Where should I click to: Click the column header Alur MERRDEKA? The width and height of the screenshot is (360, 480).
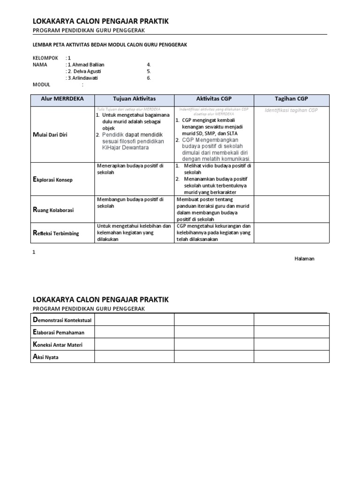pyautogui.click(x=62, y=99)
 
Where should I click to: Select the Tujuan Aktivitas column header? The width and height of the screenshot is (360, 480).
pyautogui.click(x=134, y=99)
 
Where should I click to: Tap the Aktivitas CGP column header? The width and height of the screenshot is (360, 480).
pyautogui.click(x=214, y=99)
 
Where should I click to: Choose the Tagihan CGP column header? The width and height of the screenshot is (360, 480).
pyautogui.click(x=291, y=99)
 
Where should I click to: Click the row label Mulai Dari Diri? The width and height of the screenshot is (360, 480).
pyautogui.click(x=50, y=135)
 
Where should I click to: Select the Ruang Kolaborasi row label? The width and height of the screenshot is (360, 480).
pyautogui.click(x=53, y=210)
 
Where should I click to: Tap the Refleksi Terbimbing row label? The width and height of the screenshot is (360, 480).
pyautogui.click(x=56, y=233)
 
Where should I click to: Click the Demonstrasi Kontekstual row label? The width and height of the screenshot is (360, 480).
pyautogui.click(x=62, y=320)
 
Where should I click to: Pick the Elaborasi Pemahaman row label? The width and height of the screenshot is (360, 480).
pyautogui.click(x=59, y=332)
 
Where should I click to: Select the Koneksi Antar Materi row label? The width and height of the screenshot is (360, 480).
pyautogui.click(x=59, y=345)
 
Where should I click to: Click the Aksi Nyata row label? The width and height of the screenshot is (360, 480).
pyautogui.click(x=46, y=357)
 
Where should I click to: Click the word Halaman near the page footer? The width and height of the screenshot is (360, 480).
pyautogui.click(x=304, y=259)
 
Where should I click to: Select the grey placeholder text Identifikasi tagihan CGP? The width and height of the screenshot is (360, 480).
pyautogui.click(x=291, y=110)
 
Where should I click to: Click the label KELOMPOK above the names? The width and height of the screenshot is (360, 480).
pyautogui.click(x=45, y=58)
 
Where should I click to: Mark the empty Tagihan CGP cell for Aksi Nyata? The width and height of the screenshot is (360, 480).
pyautogui.click(x=291, y=357)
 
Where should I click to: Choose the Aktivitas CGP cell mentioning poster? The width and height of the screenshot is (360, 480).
pyautogui.click(x=214, y=210)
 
